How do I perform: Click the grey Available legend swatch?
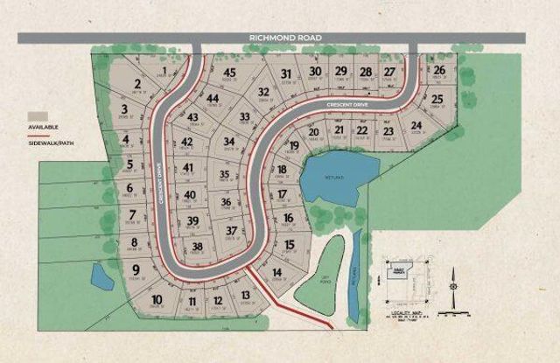pos(37,116)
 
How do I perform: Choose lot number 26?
pos(439,70)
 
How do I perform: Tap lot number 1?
pos(164,71)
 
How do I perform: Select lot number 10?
pos(157,300)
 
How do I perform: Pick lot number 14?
pos(276,272)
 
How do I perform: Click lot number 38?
pos(198,247)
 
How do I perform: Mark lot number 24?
pos(416,125)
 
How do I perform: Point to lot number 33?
pos(246,116)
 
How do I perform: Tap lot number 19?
pos(294,145)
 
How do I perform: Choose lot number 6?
pos(129,188)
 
